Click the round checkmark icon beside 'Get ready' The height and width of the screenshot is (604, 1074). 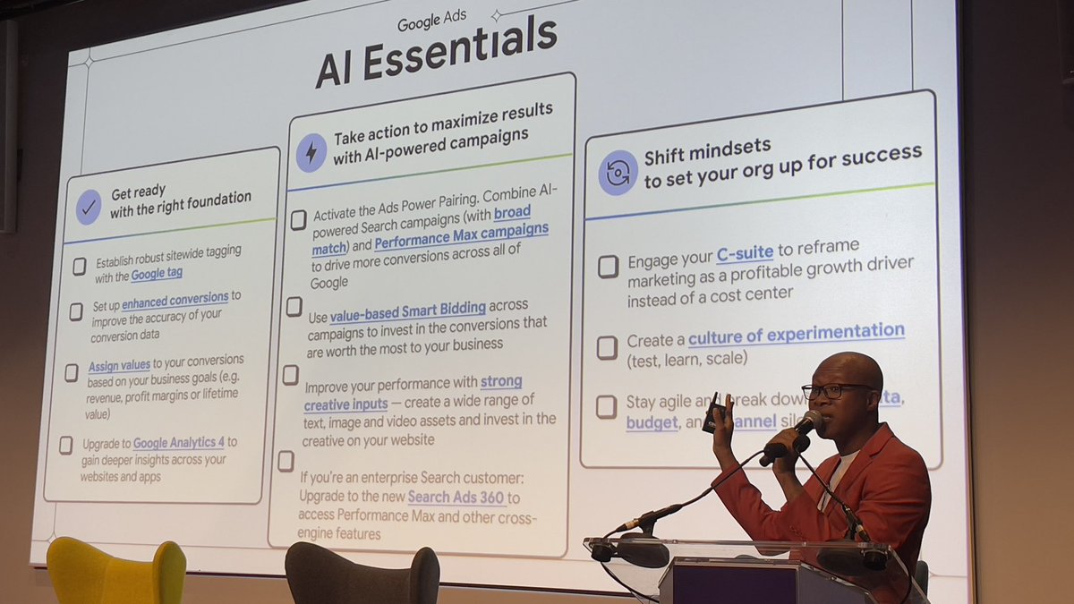click(89, 207)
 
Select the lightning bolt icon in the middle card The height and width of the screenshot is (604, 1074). click(311, 152)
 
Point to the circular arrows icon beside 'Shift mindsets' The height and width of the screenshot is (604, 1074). click(618, 173)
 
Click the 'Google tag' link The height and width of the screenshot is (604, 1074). click(157, 275)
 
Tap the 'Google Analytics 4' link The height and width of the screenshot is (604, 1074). click(179, 443)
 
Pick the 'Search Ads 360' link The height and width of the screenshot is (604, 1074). click(456, 498)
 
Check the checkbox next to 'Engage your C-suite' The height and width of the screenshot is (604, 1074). click(608, 266)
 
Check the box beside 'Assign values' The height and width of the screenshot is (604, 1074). click(72, 371)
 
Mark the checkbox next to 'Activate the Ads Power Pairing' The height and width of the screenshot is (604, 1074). click(299, 220)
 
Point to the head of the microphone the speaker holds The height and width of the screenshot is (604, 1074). click(808, 421)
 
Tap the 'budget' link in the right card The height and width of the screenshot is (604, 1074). click(652, 422)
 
